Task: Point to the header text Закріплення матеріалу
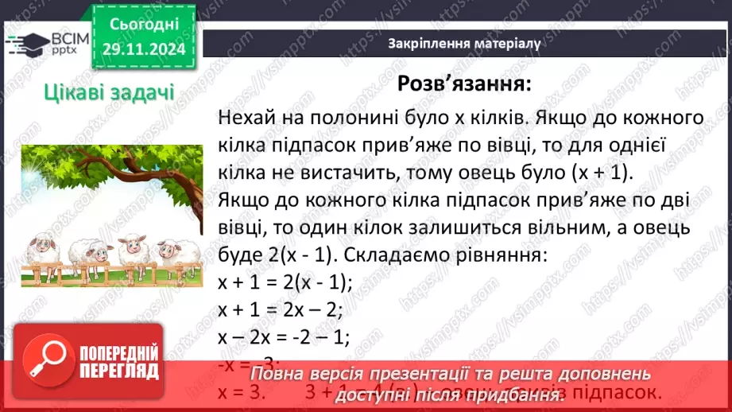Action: tap(465, 44)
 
